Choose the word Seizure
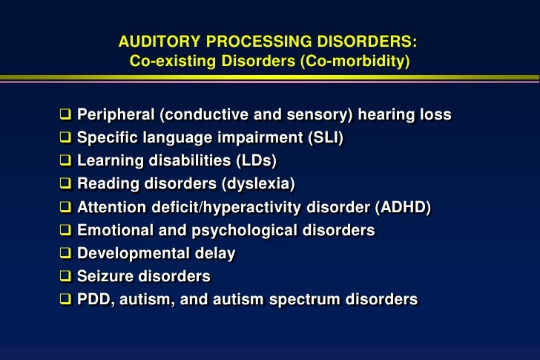[x=105, y=277]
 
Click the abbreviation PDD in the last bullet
[x=93, y=300]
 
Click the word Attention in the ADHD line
[x=111, y=208]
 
